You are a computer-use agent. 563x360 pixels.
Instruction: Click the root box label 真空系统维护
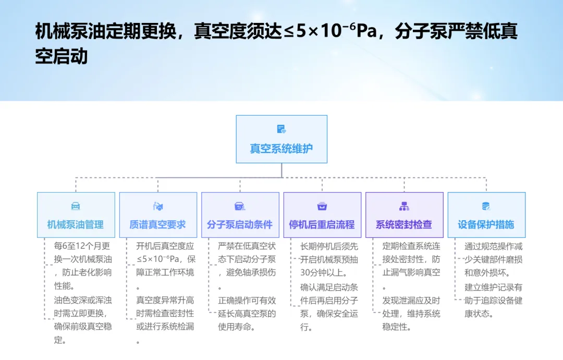point(281,149)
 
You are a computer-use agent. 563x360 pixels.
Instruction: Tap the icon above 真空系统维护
point(281,129)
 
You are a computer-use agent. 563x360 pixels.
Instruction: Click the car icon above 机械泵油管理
point(76,206)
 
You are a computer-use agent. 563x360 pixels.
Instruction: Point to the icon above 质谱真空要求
point(158,206)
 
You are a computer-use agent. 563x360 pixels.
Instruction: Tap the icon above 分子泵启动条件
point(240,206)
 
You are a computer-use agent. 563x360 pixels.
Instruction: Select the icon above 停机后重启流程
point(322,206)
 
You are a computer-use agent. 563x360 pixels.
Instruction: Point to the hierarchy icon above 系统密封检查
point(404,206)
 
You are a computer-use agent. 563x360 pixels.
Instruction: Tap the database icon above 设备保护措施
point(486,206)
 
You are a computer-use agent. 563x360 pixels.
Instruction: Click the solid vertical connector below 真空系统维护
point(281,171)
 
